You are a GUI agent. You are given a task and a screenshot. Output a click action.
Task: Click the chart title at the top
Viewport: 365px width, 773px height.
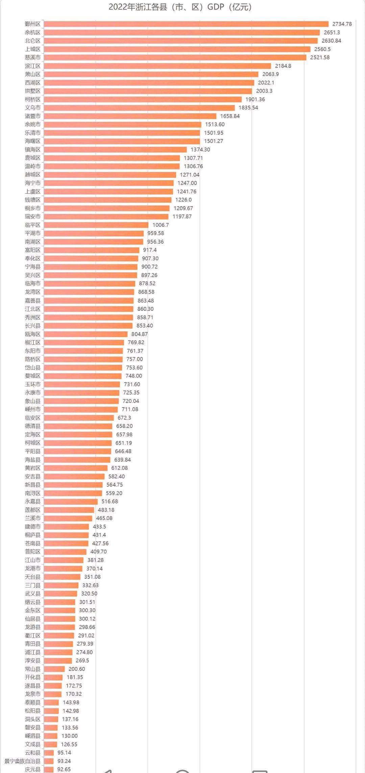[180, 7]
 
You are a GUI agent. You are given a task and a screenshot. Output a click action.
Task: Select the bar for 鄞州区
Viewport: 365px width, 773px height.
[186, 24]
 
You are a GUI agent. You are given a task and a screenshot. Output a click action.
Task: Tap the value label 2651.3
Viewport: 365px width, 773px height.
[332, 32]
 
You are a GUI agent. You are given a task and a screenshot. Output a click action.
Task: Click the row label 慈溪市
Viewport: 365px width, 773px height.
[32, 57]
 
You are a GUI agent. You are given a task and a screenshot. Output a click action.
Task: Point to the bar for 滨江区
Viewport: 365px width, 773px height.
[157, 66]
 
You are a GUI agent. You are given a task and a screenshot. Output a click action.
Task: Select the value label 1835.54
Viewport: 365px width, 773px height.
[248, 108]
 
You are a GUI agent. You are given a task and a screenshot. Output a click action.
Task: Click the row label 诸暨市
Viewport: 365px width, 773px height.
[32, 116]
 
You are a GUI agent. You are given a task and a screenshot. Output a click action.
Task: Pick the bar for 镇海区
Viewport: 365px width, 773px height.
[115, 150]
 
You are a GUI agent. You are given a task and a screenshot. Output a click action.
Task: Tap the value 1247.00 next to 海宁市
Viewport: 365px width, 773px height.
[187, 183]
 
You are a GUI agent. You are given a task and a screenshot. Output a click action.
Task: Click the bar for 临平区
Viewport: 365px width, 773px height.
[96, 225]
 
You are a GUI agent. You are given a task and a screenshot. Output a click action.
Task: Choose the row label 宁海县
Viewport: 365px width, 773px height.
[32, 267]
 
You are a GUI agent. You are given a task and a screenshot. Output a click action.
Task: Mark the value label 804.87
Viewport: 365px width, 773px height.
[139, 334]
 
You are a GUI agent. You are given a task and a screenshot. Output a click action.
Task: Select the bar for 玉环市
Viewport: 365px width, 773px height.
[82, 384]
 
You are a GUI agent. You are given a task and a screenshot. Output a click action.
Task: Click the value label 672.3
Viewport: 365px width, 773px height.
[124, 418]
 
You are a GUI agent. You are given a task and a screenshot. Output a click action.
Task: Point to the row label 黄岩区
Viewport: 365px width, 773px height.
[32, 468]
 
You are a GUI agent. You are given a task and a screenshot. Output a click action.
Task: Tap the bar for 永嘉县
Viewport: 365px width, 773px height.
[71, 502]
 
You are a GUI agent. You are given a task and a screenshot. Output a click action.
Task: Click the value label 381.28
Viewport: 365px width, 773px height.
[95, 560]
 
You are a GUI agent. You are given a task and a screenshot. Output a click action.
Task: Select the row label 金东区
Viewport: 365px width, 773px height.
[32, 610]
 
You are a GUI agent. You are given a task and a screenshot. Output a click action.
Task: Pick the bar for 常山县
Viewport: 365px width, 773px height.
[54, 669]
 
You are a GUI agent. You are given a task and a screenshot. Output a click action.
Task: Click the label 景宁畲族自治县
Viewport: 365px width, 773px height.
[22, 761]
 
